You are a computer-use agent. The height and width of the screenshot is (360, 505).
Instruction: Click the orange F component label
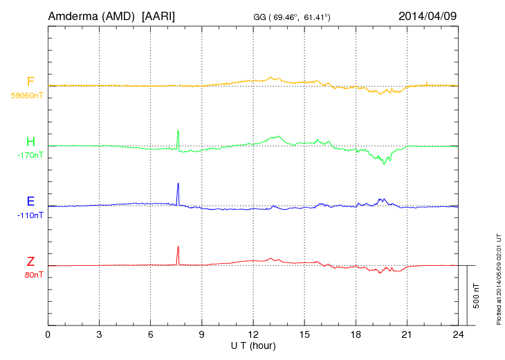click(30, 82)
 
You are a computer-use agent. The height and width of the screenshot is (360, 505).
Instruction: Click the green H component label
click(30, 143)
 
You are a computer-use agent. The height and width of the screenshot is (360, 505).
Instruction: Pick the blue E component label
click(30, 202)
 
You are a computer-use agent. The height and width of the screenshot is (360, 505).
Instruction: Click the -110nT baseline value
click(30, 215)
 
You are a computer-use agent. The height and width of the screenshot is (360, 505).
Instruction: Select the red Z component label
click(30, 262)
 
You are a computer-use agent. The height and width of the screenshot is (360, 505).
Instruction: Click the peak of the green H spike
click(178, 131)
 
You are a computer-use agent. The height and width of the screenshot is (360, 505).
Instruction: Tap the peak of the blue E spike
click(178, 183)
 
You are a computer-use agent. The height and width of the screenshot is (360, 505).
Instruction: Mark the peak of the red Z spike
click(178, 247)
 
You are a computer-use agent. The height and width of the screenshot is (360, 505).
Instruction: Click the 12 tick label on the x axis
click(252, 335)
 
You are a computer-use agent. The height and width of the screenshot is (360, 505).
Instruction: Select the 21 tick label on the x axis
click(406, 335)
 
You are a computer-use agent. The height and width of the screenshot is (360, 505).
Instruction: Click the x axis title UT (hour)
click(253, 345)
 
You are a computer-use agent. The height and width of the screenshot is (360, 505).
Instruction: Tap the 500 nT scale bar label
click(477, 296)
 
